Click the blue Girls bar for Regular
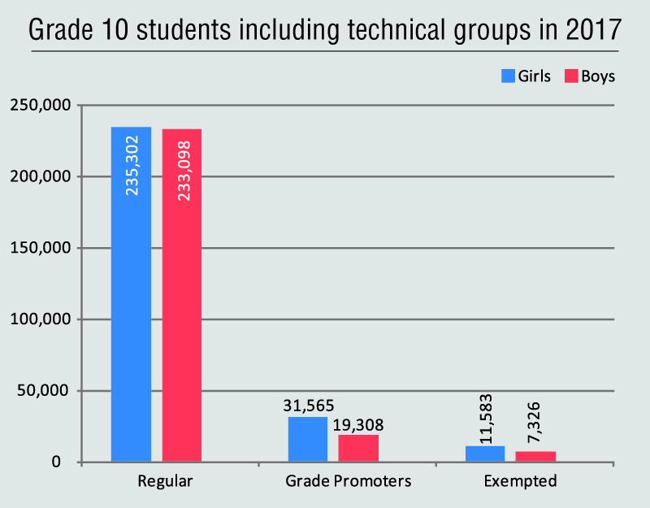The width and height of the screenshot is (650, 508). pos(131,325)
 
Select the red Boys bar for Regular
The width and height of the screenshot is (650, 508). pos(181,325)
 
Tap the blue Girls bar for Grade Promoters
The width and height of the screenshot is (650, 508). pos(308,440)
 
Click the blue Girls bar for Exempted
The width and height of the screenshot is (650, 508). pos(485,454)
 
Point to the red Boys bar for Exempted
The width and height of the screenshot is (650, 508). pos(535,457)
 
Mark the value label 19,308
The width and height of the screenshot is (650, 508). pos(357,424)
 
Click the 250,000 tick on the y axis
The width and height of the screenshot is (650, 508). pos(40,105)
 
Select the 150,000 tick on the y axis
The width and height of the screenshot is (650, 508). pos(40,248)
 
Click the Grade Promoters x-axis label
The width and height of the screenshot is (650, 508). pos(348,481)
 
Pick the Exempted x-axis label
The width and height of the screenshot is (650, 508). pos(520,481)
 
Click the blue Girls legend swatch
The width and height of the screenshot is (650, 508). pos(508,76)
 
